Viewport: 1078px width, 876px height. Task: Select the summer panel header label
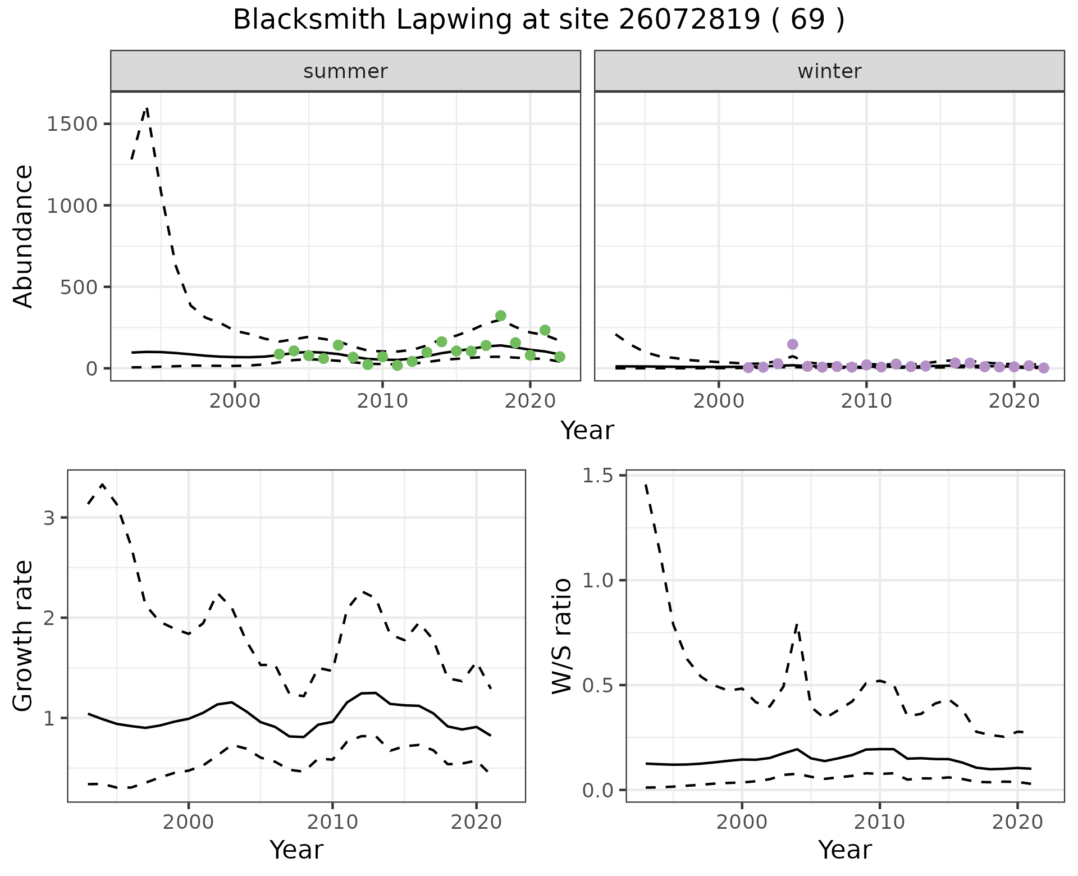(345, 71)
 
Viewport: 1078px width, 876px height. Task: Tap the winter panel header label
(829, 71)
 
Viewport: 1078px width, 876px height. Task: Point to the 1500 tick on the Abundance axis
(72, 124)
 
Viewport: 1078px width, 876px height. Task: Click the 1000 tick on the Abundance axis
(72, 206)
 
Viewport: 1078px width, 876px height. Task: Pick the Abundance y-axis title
(24, 236)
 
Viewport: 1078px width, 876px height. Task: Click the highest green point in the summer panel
(501, 316)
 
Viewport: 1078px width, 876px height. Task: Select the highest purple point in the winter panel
(792, 344)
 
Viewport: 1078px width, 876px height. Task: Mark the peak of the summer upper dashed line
(147, 107)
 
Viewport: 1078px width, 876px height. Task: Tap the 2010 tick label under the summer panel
(382, 401)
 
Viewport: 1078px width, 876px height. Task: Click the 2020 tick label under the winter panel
(1014, 401)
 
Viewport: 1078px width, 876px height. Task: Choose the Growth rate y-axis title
(24, 636)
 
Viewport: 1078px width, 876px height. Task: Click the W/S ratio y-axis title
(561, 636)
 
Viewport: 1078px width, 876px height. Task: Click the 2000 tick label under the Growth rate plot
(189, 823)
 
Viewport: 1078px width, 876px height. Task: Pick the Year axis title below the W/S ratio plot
(844, 850)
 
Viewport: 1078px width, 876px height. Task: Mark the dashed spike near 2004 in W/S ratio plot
(797, 624)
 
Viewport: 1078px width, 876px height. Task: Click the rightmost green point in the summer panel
(559, 357)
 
